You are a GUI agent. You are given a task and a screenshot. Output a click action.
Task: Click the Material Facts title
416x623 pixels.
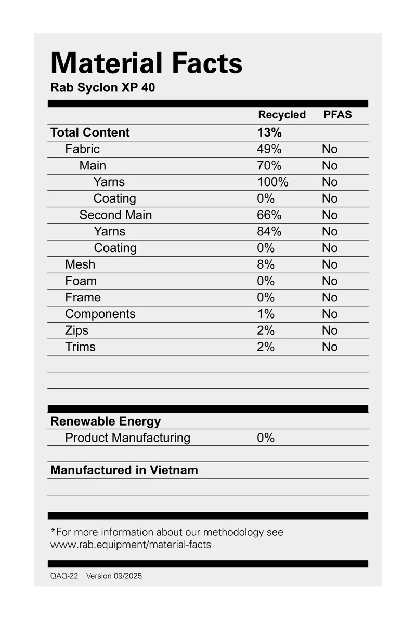[147, 63]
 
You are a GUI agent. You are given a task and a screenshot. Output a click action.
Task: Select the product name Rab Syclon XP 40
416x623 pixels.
[102, 88]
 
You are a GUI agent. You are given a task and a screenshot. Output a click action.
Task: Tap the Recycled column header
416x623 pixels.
[282, 115]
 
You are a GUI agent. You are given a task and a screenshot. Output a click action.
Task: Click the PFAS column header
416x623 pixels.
[337, 115]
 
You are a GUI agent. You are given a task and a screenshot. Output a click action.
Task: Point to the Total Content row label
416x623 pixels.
[90, 132]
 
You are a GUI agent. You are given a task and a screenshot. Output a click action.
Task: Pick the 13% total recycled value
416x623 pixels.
[269, 132]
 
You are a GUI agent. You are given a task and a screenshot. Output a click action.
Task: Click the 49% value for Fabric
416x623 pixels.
[269, 149]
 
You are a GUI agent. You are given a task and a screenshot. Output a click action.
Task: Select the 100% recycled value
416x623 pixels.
[272, 182]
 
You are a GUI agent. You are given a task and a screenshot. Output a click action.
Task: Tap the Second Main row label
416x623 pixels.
[115, 215]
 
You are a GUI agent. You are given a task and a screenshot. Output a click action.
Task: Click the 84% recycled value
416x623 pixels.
[269, 231]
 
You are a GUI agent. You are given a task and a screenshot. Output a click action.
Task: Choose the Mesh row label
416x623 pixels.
[80, 264]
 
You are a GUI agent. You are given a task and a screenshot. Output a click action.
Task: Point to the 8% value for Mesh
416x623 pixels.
[266, 264]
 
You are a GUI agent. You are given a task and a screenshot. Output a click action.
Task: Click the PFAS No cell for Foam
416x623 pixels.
[330, 281]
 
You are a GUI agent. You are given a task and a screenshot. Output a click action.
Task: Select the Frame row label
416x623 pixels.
[83, 298]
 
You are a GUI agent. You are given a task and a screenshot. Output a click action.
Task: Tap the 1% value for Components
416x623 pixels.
[266, 314]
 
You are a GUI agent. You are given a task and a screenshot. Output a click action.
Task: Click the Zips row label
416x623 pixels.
[77, 330]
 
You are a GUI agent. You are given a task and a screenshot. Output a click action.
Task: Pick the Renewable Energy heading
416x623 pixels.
[106, 421]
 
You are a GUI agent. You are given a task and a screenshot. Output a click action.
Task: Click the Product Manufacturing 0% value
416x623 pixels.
[266, 438]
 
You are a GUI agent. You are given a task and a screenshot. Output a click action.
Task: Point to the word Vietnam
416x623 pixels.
[174, 471]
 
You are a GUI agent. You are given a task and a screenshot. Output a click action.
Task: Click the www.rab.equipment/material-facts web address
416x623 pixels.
[131, 545]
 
